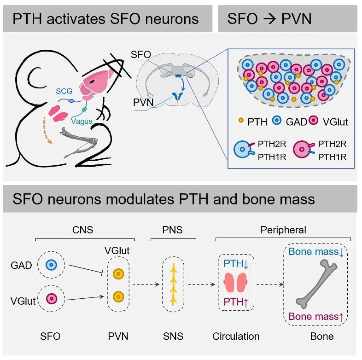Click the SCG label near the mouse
(65, 91)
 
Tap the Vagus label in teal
(82, 121)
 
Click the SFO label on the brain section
(140, 55)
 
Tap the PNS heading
(174, 230)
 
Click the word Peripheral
(283, 230)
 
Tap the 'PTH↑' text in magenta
(236, 302)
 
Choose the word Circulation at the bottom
(236, 336)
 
